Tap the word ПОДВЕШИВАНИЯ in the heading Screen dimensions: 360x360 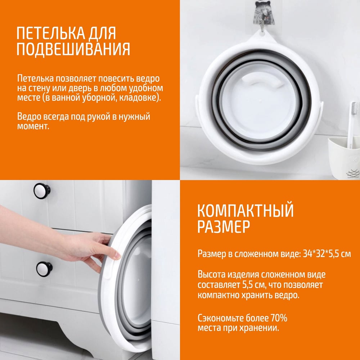click(x=73, y=49)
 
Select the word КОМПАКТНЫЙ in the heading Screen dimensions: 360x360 click(x=246, y=210)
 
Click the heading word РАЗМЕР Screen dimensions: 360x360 click(x=224, y=226)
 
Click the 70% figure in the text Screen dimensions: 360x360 click(x=279, y=318)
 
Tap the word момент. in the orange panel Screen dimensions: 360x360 click(x=33, y=126)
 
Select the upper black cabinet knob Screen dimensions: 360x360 click(x=42, y=191)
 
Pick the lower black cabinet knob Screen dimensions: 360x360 click(x=44, y=269)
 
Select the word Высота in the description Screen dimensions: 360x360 click(x=211, y=275)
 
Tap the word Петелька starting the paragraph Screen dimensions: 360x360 click(x=35, y=78)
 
